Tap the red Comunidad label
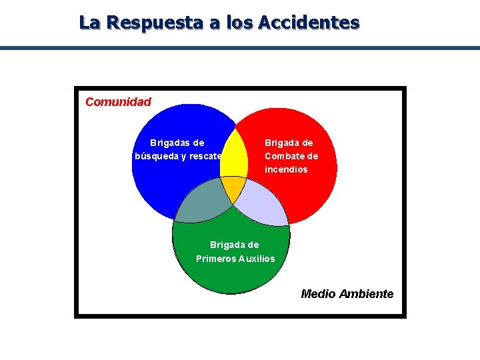coord(119,102)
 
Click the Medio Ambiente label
coord(347,294)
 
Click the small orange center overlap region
coord(233,187)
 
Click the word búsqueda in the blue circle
coord(155,157)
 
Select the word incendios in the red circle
coord(286,169)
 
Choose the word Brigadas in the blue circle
coord(169,143)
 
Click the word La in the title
coord(89,23)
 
